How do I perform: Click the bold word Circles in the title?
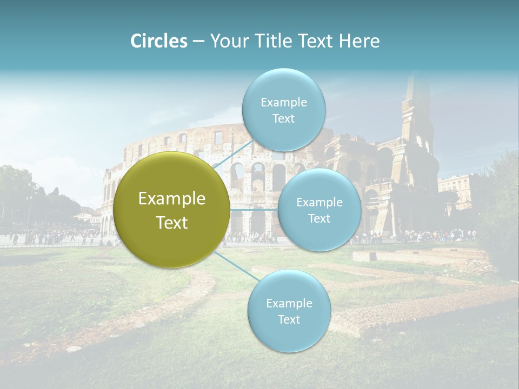pyautogui.click(x=159, y=41)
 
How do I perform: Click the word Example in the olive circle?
pyautogui.click(x=172, y=199)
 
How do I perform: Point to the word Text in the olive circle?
pyautogui.click(x=172, y=223)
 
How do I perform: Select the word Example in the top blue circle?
pyautogui.click(x=284, y=103)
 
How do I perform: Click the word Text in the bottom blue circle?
pyautogui.click(x=289, y=319)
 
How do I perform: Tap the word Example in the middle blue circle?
pyautogui.click(x=320, y=203)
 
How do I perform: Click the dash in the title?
pyautogui.click(x=198, y=41)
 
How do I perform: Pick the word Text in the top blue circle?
pyautogui.click(x=283, y=119)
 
